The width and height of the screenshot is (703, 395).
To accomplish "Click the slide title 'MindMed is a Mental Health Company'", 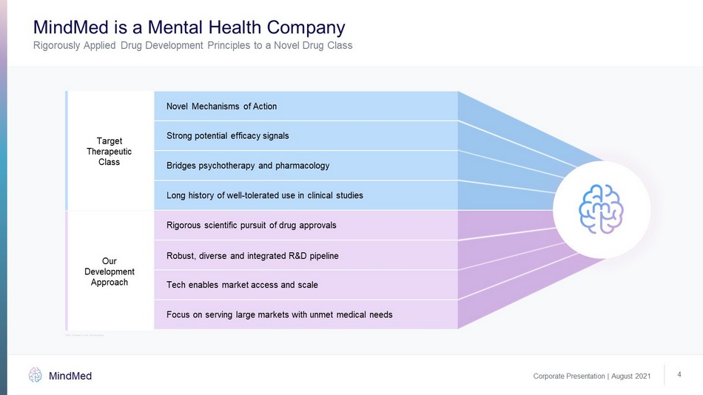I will click(x=189, y=28).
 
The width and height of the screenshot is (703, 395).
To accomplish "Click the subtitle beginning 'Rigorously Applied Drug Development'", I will click(x=192, y=46).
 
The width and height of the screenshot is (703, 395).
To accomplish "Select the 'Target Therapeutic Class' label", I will click(x=110, y=151).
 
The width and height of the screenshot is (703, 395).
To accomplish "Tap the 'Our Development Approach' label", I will click(x=110, y=271).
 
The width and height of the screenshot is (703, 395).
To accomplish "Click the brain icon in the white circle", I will click(x=601, y=209).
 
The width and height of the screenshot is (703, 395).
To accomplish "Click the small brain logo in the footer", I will click(x=36, y=375).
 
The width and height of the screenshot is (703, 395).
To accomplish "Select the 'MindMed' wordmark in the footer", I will click(x=70, y=376).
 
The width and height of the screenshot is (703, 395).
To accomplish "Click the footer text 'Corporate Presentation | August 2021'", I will click(x=592, y=377).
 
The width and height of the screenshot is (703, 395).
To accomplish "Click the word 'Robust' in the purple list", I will click(x=181, y=256).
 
